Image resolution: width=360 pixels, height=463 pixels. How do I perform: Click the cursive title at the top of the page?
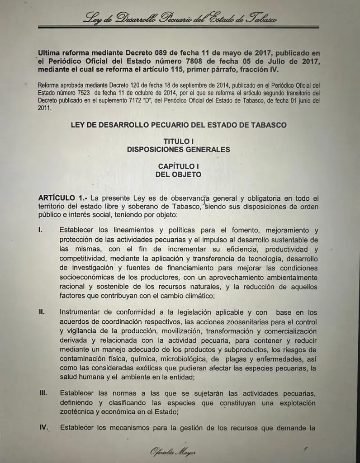pos(180,19)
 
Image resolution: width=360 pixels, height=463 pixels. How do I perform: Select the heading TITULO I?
pos(179,142)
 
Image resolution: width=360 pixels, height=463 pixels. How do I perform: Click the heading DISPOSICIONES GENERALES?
pos(179,149)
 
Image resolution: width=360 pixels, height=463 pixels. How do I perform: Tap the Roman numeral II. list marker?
pos(42,312)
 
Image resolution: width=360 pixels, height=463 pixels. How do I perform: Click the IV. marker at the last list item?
pos(44,427)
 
